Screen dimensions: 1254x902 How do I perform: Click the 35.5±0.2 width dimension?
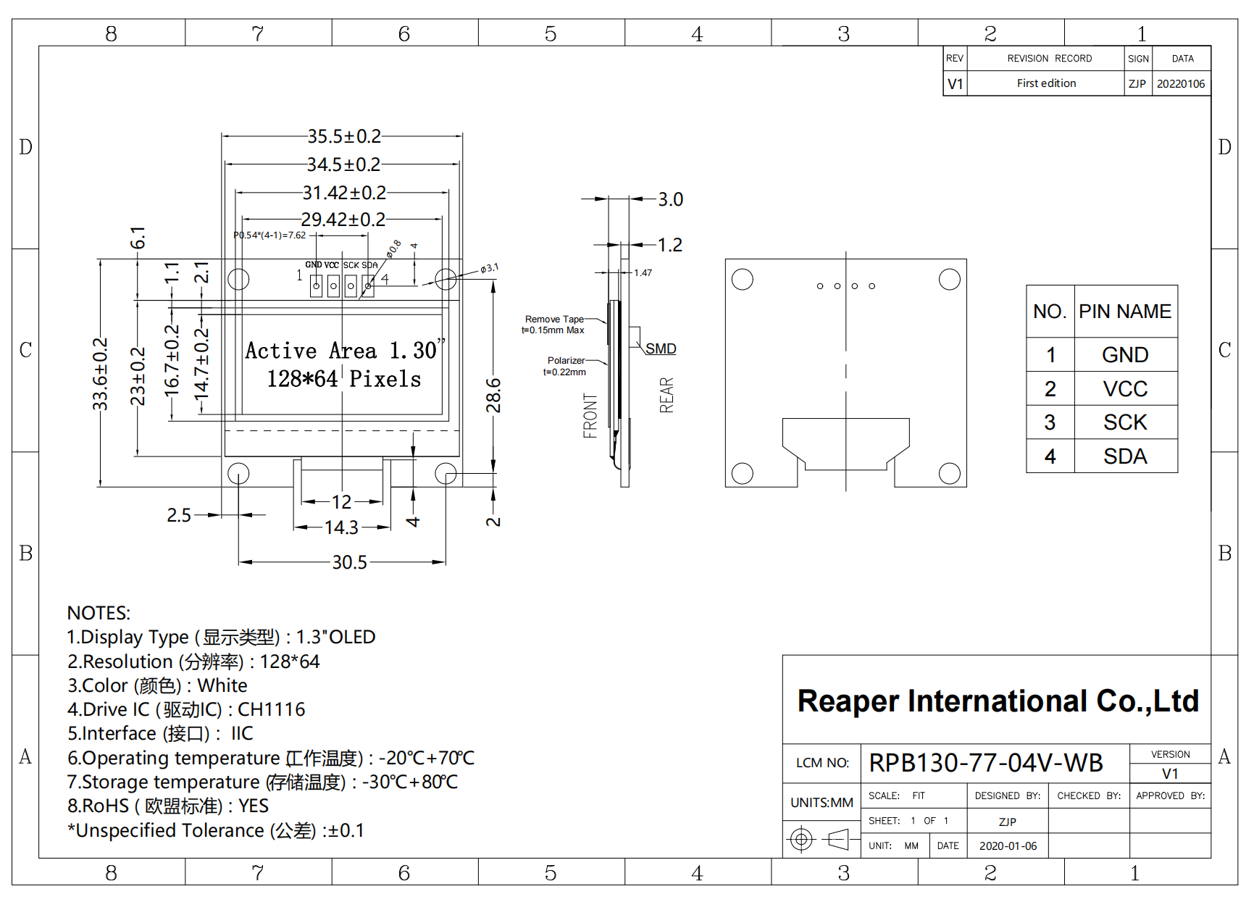(344, 136)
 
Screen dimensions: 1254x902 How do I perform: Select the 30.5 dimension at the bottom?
(350, 562)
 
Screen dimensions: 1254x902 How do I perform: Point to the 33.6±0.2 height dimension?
(100, 374)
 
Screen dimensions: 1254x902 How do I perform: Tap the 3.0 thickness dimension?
(671, 199)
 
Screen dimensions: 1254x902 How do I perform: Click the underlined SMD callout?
(661, 348)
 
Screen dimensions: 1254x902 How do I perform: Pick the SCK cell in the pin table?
(1125, 422)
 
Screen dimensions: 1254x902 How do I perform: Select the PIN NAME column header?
(1125, 312)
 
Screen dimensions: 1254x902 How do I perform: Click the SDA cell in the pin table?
(1125, 456)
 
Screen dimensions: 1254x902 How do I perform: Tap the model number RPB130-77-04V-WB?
(986, 763)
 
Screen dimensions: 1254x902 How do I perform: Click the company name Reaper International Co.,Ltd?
(998, 701)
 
